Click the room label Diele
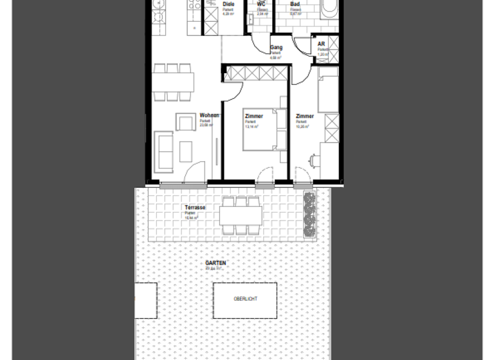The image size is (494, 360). coord(228,4)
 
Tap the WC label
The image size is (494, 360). coord(261,4)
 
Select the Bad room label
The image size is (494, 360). coord(295,4)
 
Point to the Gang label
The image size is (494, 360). coord(277,48)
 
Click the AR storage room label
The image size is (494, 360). coord(321,44)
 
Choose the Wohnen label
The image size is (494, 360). coord(210,116)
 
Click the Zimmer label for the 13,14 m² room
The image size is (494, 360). coord(254,116)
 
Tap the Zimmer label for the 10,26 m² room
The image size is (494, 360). coord(305,116)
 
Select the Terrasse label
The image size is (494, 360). coord(194,208)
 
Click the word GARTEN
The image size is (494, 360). coord(215,264)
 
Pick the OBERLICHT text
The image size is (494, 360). coord(244,300)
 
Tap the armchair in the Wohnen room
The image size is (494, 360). coord(187,122)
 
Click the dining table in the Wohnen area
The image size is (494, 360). coord(173,82)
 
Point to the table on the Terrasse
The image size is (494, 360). coord(241,215)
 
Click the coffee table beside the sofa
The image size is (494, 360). coord(186,151)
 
